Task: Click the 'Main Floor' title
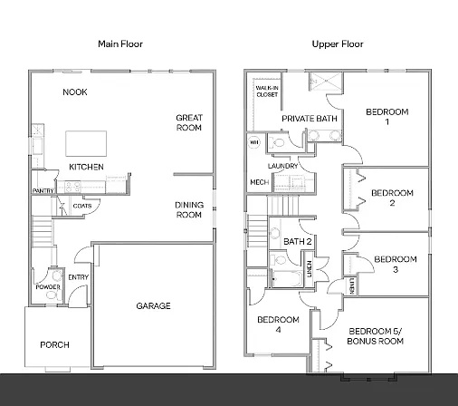click(x=120, y=43)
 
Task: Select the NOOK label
click(x=75, y=92)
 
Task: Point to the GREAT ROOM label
click(x=188, y=122)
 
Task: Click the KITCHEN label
click(x=86, y=168)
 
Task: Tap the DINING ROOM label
click(x=188, y=209)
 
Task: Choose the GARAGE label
click(x=153, y=306)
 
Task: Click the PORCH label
click(x=53, y=345)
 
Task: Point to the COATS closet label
click(x=81, y=206)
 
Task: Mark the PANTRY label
click(x=41, y=191)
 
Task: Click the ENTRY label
click(x=78, y=278)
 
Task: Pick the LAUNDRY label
click(x=282, y=167)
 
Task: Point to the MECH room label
click(x=258, y=183)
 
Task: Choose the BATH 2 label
click(x=298, y=242)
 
